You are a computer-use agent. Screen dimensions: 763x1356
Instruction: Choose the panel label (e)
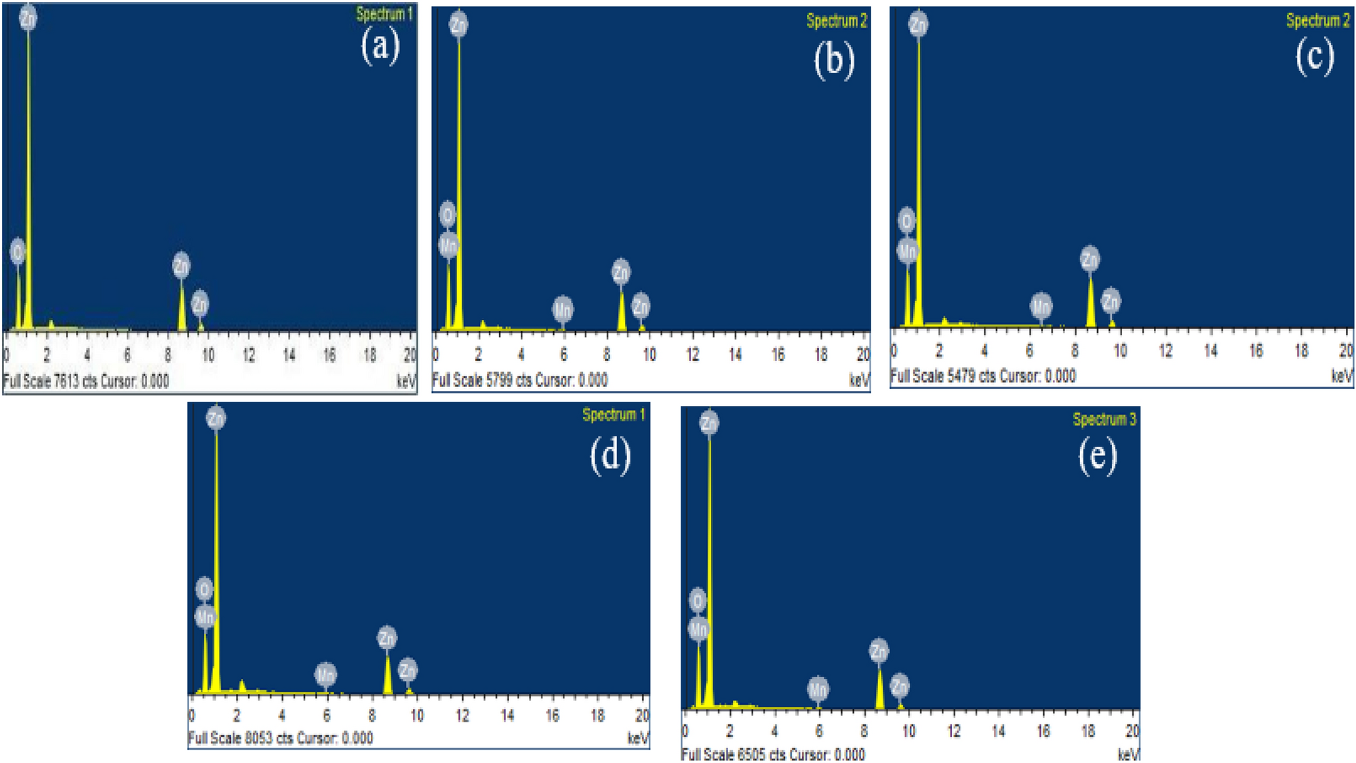click(x=1098, y=456)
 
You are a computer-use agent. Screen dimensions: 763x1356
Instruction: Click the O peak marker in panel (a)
click(x=18, y=253)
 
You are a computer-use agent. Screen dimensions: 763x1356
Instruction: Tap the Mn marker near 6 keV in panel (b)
click(x=563, y=310)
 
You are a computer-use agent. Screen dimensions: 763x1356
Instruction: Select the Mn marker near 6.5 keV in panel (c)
click(x=1041, y=306)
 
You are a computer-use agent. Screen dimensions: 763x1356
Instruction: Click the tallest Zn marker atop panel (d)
click(x=216, y=418)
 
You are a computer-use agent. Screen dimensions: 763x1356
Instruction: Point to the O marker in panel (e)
click(x=698, y=600)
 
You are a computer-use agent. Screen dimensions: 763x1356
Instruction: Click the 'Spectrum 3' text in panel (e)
click(x=1104, y=419)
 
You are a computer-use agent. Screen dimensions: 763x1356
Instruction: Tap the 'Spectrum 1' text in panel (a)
click(x=384, y=14)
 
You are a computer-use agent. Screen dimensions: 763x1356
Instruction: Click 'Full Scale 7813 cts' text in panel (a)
click(x=50, y=381)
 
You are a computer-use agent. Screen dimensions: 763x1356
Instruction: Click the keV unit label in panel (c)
click(x=1342, y=376)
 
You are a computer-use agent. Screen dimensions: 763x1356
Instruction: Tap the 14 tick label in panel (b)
click(x=735, y=354)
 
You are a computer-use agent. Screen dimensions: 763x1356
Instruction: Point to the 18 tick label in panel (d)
click(x=597, y=716)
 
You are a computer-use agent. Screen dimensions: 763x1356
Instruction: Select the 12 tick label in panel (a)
click(x=249, y=355)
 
